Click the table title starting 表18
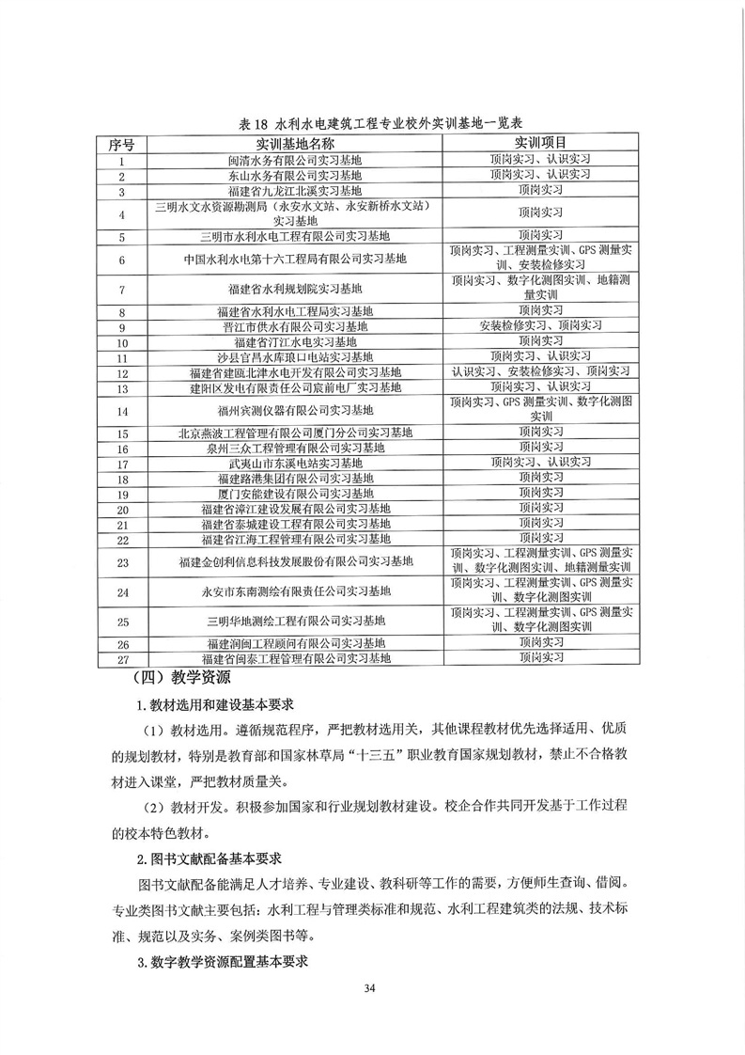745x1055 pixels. pyautogui.click(x=373, y=123)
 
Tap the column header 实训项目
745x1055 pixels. pyautogui.click(x=539, y=143)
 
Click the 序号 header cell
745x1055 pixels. pyautogui.click(x=122, y=143)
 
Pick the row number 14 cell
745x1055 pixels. pyautogui.click(x=122, y=411)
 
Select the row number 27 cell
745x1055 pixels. pyautogui.click(x=122, y=660)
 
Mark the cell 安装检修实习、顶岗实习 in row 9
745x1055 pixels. pyautogui.click(x=539, y=326)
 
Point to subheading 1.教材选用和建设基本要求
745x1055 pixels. pyautogui.click(x=217, y=706)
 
